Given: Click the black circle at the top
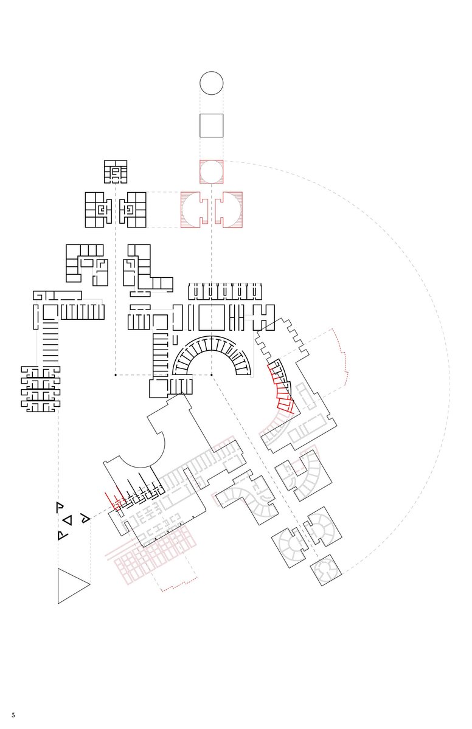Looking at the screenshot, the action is point(212,72).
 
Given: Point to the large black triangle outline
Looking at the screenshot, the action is point(58,586).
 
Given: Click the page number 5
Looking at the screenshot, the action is point(13,714).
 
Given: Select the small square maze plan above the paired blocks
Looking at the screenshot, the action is point(116,171).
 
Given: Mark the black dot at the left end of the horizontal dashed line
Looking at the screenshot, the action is point(116,375).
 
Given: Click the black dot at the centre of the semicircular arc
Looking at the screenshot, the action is point(212,375).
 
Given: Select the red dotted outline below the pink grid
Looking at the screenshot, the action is point(179,585).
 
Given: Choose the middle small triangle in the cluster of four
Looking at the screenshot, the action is point(68,520).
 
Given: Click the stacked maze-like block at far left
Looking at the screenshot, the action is point(41,389).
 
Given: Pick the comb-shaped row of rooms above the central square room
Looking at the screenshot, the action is point(226,291).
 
